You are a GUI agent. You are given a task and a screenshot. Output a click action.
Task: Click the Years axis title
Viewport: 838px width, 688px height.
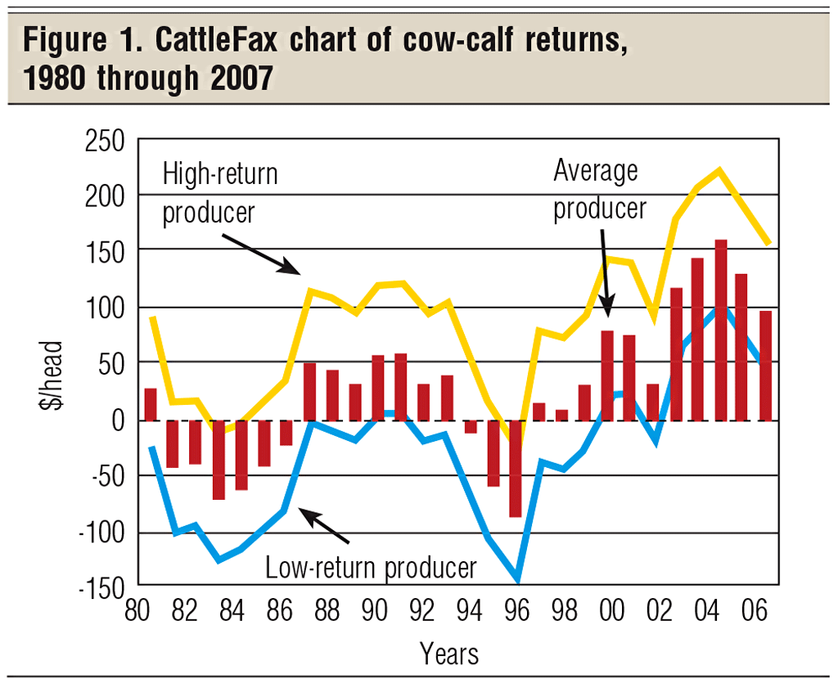click(x=449, y=654)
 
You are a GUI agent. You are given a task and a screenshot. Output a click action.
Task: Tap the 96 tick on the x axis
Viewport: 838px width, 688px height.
click(x=513, y=612)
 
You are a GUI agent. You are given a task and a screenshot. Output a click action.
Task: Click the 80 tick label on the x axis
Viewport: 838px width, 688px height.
click(x=142, y=612)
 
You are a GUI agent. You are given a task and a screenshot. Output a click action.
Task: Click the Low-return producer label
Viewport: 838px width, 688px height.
click(x=371, y=567)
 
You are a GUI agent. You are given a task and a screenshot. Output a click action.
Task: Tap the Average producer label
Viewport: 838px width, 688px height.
click(x=599, y=190)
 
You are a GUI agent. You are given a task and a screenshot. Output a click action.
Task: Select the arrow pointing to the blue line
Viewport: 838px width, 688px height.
click(x=322, y=525)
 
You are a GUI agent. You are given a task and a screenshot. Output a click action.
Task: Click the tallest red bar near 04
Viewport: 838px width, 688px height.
click(x=721, y=331)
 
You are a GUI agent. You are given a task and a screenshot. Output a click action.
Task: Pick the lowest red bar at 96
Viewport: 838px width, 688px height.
click(x=515, y=469)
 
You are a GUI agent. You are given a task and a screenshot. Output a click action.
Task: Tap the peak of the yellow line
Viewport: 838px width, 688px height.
click(x=719, y=170)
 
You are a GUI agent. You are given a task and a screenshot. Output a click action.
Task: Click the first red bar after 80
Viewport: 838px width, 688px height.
click(x=151, y=404)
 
